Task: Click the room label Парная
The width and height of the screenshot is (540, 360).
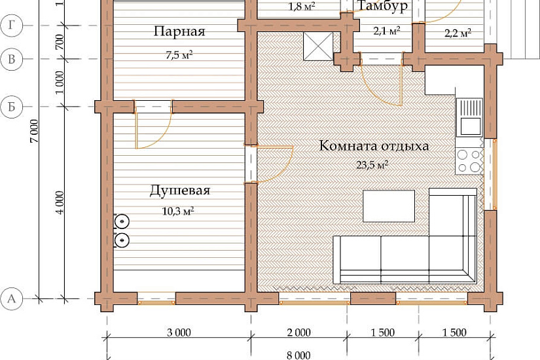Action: (x=179, y=31)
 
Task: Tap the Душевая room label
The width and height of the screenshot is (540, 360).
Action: (x=180, y=190)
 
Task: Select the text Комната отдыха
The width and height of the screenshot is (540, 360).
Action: (x=374, y=146)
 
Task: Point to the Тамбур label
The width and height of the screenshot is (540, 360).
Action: (x=382, y=6)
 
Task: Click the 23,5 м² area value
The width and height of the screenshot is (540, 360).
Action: (x=372, y=165)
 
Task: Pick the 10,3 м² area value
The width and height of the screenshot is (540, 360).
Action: (x=177, y=211)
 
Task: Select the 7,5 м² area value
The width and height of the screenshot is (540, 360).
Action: (x=179, y=55)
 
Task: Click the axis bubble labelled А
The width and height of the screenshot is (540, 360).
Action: (x=12, y=298)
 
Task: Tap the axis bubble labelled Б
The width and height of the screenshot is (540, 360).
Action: (x=12, y=107)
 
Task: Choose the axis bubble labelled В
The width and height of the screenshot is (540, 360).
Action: (x=12, y=59)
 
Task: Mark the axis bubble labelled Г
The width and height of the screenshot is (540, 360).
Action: (x=12, y=26)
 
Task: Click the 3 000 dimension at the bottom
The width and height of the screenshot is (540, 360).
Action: (x=179, y=333)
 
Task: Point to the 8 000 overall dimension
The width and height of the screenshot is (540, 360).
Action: (x=298, y=355)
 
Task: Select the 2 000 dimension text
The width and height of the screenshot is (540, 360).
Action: (x=298, y=333)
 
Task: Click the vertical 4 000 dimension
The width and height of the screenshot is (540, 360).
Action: (x=60, y=202)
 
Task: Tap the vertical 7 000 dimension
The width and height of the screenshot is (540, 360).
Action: (x=35, y=132)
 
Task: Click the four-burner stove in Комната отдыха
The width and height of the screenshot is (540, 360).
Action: (x=469, y=161)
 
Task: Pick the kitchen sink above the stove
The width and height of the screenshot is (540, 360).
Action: (x=469, y=117)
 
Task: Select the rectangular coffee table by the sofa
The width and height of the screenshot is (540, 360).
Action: (x=389, y=206)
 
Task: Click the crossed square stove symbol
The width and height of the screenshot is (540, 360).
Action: (x=318, y=46)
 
